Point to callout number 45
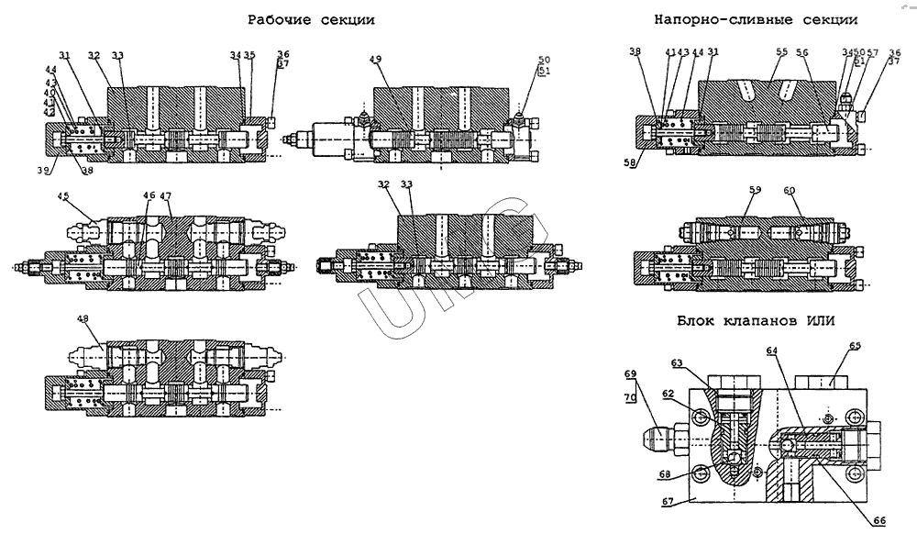pos(63,195)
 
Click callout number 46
pos(149,195)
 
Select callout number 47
pos(166,195)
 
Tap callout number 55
pos(782,52)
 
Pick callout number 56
pos(802,52)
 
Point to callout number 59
pos(755,190)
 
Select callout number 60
pos(789,190)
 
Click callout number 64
pos(771,350)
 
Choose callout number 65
pos(855,346)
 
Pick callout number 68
pos(666,474)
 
